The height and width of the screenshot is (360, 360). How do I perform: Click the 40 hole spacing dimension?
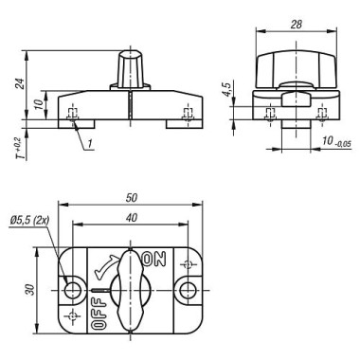(130, 217)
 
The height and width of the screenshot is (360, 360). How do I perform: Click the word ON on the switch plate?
(153, 259)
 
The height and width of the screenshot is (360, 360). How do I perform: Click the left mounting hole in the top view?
(72, 288)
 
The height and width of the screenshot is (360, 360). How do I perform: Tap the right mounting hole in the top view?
(190, 288)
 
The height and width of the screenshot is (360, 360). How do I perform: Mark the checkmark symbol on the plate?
(105, 272)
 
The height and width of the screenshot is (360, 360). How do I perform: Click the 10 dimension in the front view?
(40, 105)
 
